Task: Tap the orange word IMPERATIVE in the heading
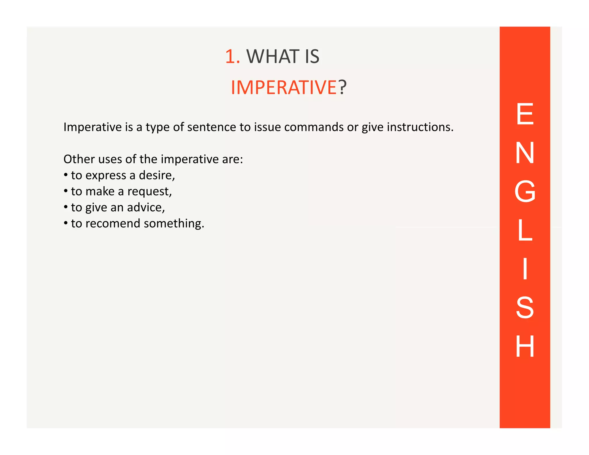284,87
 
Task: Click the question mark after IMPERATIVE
342,87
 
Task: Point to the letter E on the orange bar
525,114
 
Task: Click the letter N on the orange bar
525,153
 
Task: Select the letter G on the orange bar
525,192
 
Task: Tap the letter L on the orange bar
525,230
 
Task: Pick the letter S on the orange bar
525,308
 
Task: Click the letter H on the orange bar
525,347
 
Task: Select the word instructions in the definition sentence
420,127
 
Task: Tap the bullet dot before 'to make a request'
66,191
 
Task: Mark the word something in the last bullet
174,223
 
